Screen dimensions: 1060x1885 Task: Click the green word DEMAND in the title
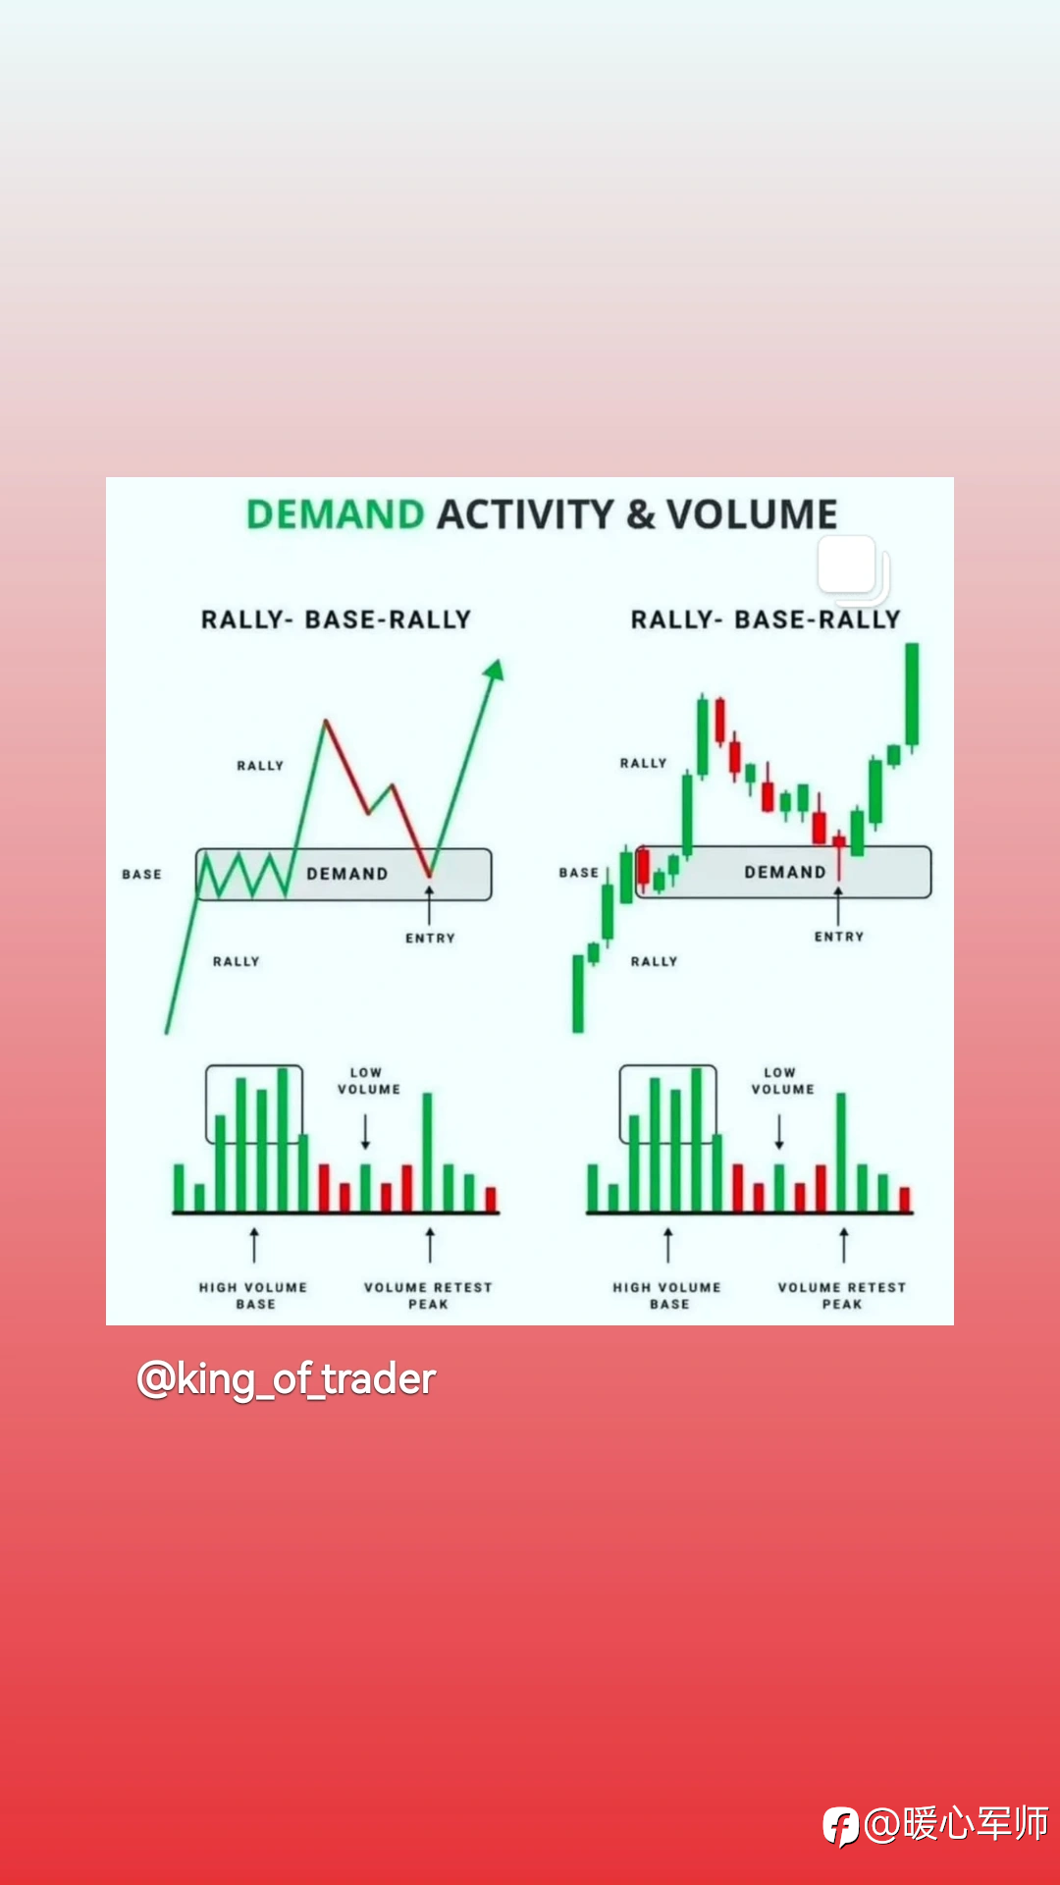[335, 514]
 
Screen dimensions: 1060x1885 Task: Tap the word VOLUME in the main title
[752, 514]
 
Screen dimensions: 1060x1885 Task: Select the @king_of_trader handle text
[286, 1379]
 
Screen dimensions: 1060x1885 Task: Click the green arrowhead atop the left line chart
[495, 670]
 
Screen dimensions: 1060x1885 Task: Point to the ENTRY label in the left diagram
[431, 939]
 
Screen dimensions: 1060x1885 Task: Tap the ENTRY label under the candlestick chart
[839, 937]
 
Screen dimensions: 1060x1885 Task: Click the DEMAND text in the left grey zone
[347, 874]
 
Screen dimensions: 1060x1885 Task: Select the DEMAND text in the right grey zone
[785, 872]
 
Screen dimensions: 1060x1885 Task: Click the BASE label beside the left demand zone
[142, 874]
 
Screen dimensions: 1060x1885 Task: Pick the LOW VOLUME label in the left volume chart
[369, 1081]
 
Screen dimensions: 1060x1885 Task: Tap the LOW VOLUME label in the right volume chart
[783, 1081]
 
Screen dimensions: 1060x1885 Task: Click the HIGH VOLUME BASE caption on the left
[253, 1295]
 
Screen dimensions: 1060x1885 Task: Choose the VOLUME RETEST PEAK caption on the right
[842, 1295]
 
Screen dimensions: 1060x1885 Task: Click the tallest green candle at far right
[913, 695]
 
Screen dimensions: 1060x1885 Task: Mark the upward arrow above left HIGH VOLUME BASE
[254, 1244]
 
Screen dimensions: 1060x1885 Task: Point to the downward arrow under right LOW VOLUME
[779, 1132]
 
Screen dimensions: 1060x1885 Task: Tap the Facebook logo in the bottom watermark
[841, 1826]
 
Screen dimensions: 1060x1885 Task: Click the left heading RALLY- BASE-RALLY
[336, 619]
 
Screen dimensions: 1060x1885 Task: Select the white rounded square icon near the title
[849, 566]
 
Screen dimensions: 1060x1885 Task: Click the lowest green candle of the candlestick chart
[578, 994]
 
